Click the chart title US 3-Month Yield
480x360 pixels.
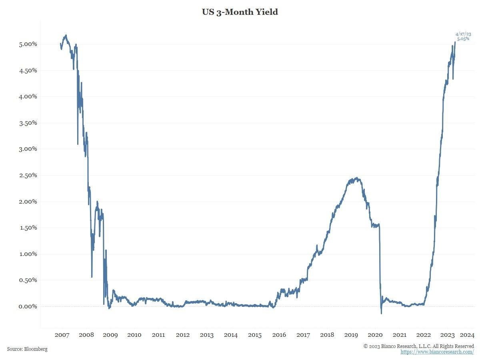pos(240,12)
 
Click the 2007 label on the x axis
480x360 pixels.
pos(62,335)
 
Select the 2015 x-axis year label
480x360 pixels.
pos(255,335)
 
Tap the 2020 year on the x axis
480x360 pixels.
pos(375,335)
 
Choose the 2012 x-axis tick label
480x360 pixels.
pos(182,335)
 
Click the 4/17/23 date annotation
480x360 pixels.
pos(463,34)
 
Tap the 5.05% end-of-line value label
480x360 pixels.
pos(463,39)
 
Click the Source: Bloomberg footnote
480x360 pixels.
pos(27,349)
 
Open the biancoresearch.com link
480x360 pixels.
pos(437,352)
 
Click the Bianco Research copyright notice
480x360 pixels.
pos(418,346)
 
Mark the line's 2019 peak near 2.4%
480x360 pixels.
pos(356,178)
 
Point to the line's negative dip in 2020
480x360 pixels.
pos(381,313)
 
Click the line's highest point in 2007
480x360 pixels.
pos(66,35)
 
